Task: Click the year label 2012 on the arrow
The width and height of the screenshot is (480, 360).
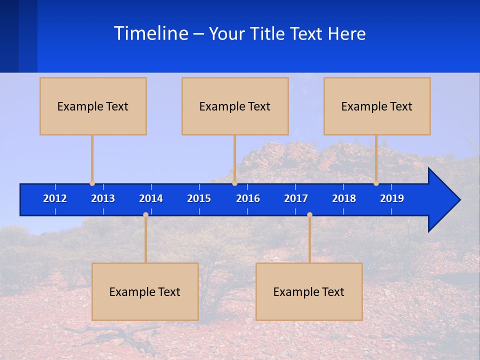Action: [x=55, y=198]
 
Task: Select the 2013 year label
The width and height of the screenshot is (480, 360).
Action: [x=103, y=198]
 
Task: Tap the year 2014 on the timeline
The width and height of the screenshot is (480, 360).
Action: [x=151, y=198]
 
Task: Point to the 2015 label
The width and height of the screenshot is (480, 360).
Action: [x=199, y=198]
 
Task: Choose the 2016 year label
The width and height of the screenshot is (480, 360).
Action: [x=248, y=198]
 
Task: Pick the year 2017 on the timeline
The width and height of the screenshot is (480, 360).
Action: [x=296, y=198]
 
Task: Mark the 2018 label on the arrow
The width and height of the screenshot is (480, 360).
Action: [x=344, y=198]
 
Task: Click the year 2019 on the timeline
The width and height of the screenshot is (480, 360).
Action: [x=392, y=198]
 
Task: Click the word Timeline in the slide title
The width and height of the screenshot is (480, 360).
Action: [x=151, y=33]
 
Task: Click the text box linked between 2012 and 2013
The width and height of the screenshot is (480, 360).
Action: [x=93, y=106]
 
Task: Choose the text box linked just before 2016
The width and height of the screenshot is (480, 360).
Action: [x=235, y=106]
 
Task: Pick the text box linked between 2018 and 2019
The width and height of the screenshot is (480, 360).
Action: [x=377, y=106]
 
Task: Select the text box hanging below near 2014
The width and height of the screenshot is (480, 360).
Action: [x=145, y=291]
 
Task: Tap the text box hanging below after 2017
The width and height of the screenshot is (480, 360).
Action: [x=309, y=291]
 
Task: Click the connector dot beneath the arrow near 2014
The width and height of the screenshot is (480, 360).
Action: [x=145, y=214]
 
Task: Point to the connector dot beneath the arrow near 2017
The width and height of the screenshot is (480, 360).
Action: [x=309, y=214]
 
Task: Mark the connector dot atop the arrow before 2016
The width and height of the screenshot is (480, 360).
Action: [x=234, y=183]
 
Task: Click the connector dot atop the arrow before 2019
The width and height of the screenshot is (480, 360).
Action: [x=376, y=183]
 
